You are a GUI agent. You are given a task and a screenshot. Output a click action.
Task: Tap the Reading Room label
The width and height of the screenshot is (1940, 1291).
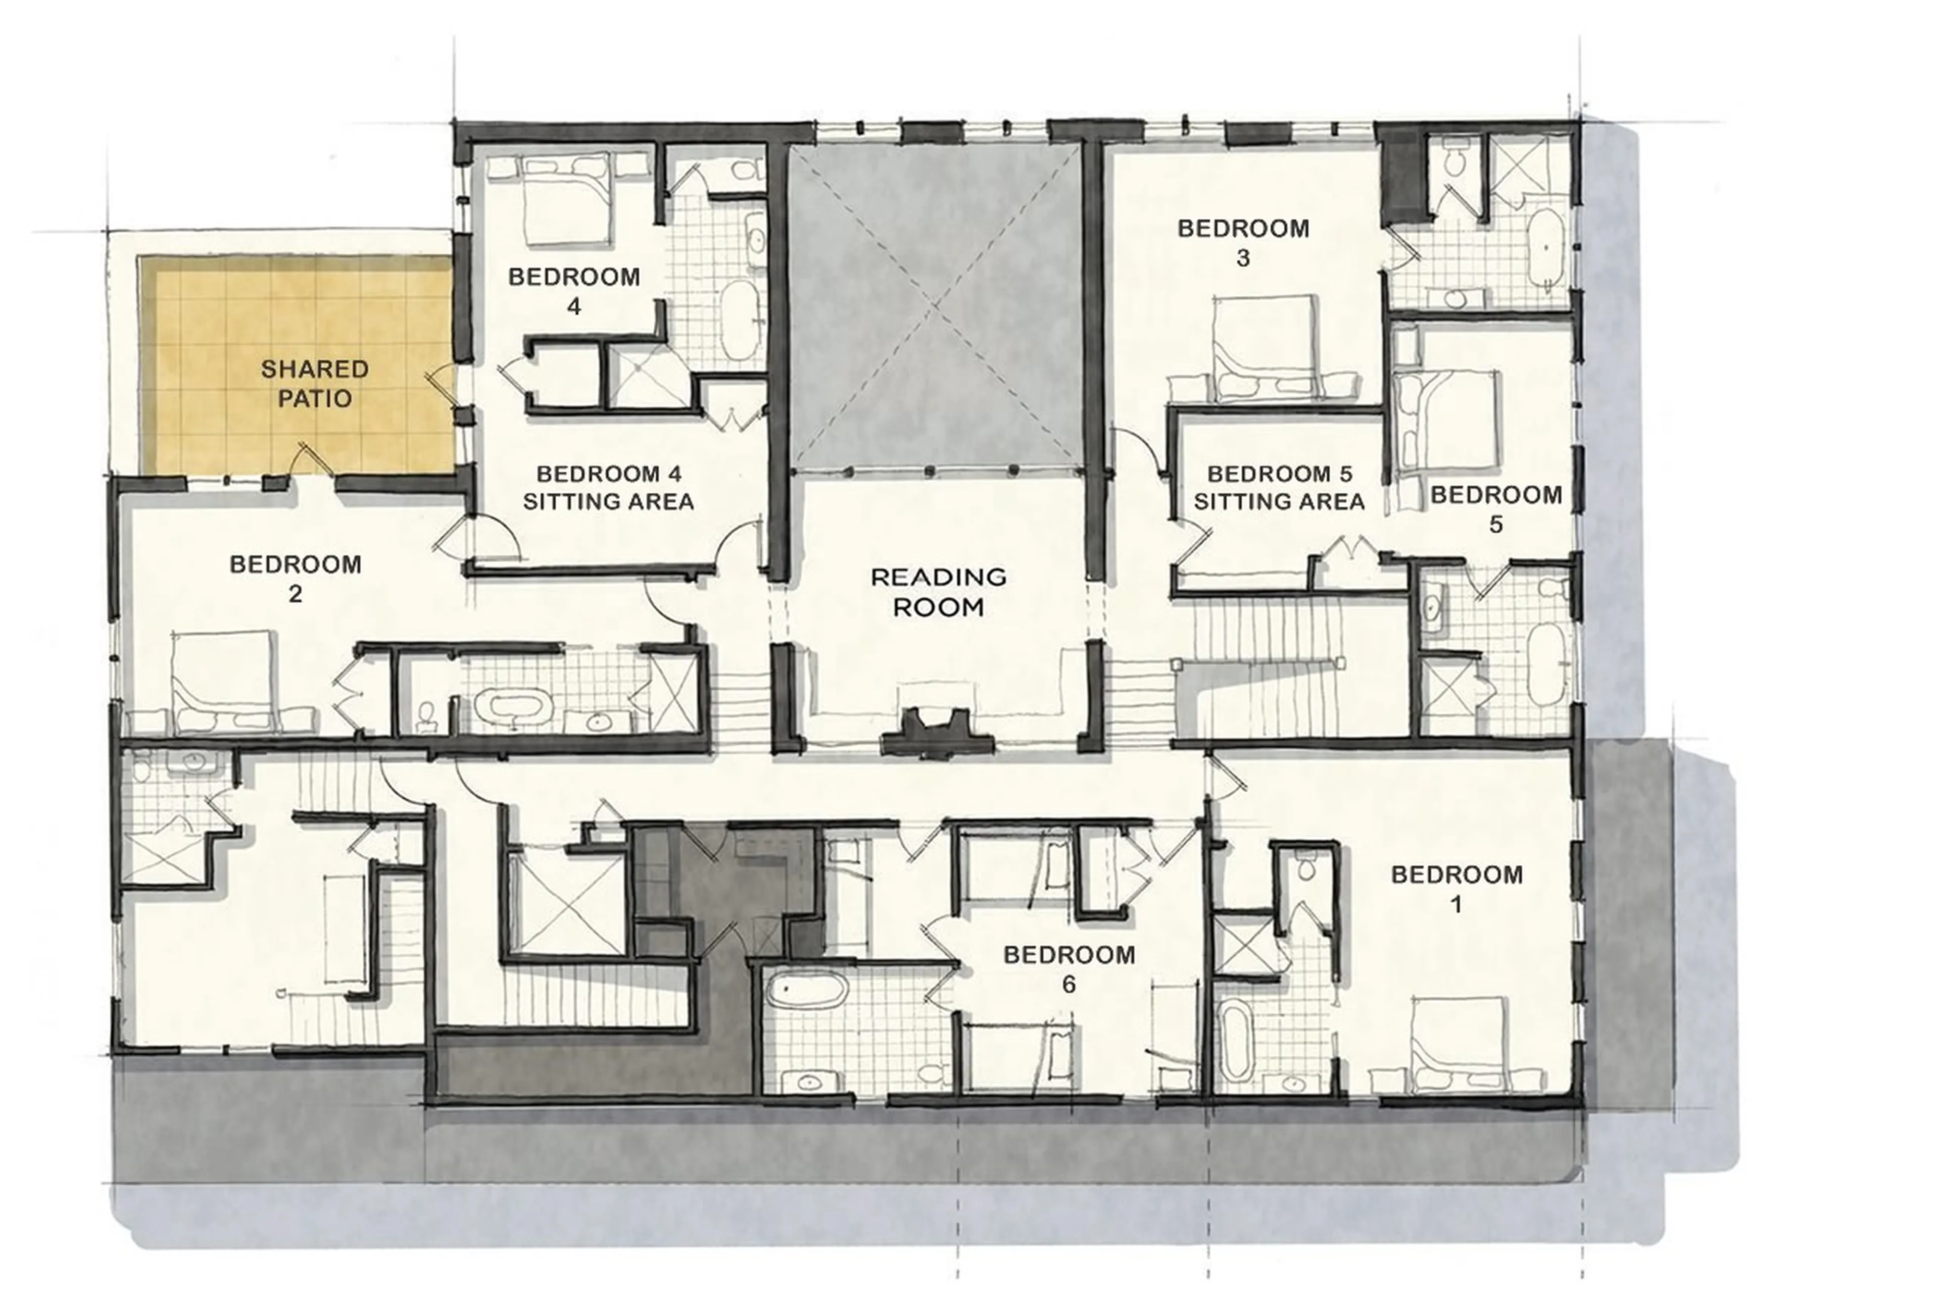click(938, 591)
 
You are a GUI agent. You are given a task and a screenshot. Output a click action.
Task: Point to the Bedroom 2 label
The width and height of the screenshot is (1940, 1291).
click(295, 578)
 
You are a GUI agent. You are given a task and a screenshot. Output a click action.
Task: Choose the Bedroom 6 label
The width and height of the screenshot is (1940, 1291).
click(1069, 969)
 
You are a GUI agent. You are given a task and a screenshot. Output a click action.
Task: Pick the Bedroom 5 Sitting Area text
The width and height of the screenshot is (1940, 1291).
click(1279, 487)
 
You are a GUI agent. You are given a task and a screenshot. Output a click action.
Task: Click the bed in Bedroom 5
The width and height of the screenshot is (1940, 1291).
click(1446, 422)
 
